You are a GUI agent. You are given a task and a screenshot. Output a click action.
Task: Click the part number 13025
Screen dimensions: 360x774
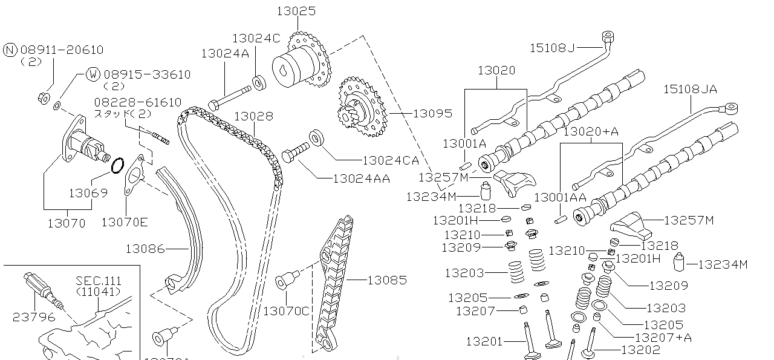tap(296, 11)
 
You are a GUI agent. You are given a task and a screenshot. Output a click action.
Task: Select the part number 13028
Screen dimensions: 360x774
tap(253, 116)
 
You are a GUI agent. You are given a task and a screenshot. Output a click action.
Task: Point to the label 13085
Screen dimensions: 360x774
tap(387, 280)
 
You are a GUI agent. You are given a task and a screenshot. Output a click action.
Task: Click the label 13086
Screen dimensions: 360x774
tap(145, 248)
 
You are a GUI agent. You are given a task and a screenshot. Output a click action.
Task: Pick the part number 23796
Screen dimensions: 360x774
tap(33, 316)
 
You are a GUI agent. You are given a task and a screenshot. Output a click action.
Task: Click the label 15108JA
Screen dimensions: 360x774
tap(690, 89)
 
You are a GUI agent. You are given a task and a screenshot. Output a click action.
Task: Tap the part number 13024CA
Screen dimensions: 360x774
tap(390, 160)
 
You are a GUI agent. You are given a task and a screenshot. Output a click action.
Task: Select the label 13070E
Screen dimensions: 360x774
tap(124, 222)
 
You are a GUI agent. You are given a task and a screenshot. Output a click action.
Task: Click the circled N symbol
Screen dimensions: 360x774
tap(10, 50)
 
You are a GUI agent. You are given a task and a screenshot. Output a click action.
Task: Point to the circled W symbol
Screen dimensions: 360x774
tap(93, 74)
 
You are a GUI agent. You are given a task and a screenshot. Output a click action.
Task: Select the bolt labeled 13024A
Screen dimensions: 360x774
tap(230, 97)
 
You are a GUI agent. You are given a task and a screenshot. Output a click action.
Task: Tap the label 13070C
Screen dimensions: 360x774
tap(286, 311)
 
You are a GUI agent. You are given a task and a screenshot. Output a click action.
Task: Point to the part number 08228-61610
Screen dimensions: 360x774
tap(137, 102)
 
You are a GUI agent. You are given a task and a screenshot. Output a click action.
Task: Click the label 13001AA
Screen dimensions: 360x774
tap(560, 197)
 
